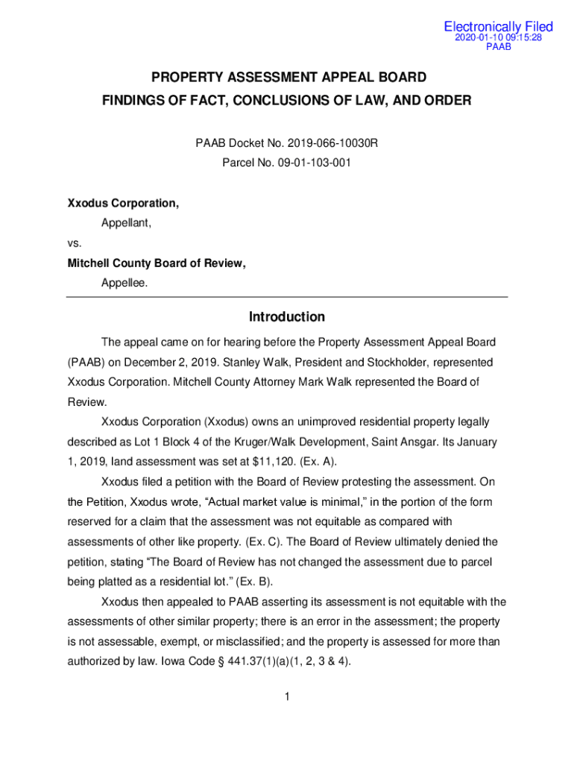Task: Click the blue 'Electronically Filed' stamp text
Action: click(498, 27)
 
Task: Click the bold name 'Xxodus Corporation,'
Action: click(123, 203)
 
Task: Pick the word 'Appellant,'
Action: click(126, 222)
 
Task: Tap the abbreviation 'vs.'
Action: click(75, 242)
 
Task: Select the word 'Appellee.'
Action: click(124, 283)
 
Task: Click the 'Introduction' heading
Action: click(287, 317)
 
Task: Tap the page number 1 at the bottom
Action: click(286, 697)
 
